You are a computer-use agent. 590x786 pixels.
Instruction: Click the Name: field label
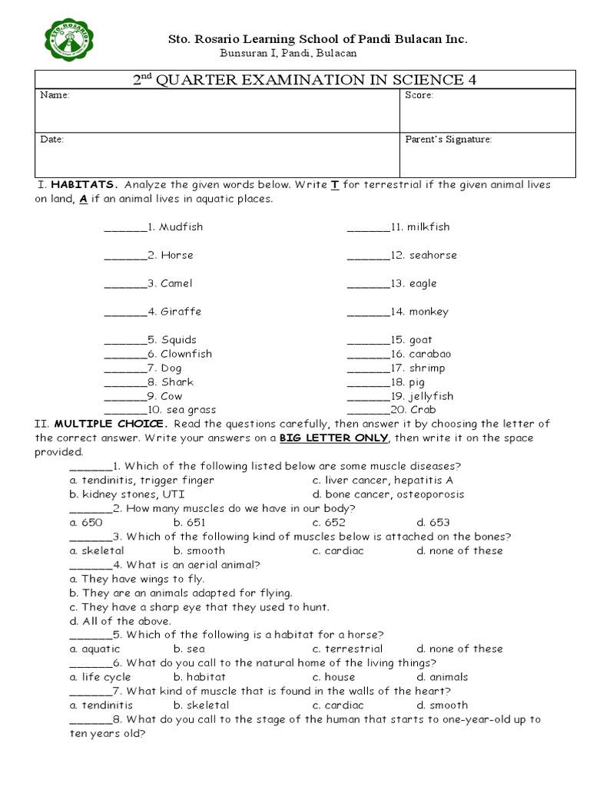[55, 96]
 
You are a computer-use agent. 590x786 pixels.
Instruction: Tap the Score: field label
[419, 96]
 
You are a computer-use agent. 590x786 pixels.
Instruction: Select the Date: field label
[52, 140]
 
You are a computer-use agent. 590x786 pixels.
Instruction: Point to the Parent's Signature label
[449, 140]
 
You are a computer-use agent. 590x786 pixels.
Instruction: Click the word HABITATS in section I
[85, 185]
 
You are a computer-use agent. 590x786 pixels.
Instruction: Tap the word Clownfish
[186, 354]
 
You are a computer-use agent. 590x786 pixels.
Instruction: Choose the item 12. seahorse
[423, 256]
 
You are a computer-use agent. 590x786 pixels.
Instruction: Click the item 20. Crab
[413, 411]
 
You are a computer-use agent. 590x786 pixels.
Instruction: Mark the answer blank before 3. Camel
[124, 284]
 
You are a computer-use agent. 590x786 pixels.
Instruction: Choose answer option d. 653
[433, 523]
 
